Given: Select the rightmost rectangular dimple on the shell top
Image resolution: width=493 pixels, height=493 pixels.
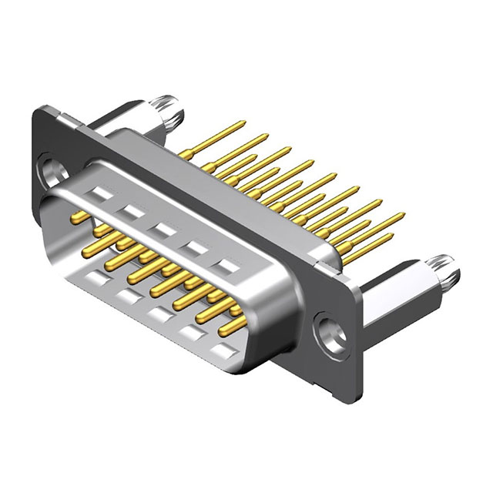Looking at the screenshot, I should pos(226,267).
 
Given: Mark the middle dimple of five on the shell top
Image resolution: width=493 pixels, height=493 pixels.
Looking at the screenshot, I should pos(161,228).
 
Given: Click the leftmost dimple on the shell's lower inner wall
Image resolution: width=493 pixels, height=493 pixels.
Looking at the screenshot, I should pos(94,277).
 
